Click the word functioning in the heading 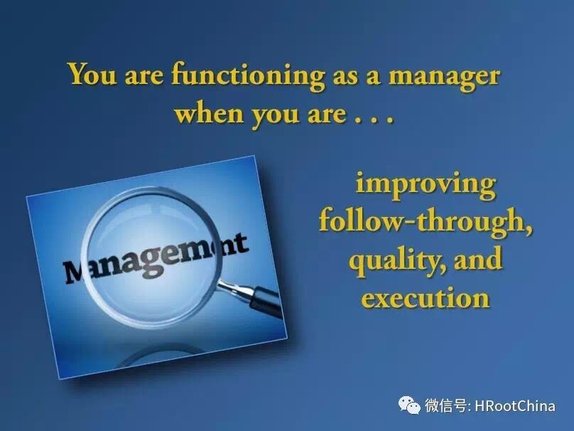pyautogui.click(x=249, y=76)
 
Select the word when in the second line pyautogui.click(x=209, y=112)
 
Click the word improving pyautogui.click(x=426, y=185)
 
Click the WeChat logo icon pyautogui.click(x=409, y=405)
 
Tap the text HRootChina pyautogui.click(x=515, y=405)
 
